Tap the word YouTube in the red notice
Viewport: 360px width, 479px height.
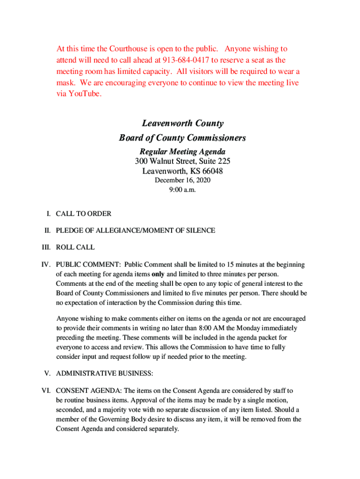click(83, 94)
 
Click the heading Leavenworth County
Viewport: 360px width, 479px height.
click(182, 123)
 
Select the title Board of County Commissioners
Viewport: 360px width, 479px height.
click(182, 138)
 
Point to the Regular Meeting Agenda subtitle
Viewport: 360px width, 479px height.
click(182, 152)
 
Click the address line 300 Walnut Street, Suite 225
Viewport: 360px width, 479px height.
click(182, 161)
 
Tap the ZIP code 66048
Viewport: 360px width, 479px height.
click(211, 171)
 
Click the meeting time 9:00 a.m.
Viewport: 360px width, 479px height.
click(182, 189)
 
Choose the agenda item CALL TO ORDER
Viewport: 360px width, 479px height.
click(84, 214)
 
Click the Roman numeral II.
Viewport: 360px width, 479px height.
click(47, 231)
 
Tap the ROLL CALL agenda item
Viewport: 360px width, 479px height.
click(75, 247)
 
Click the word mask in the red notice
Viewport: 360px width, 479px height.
click(67, 82)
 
